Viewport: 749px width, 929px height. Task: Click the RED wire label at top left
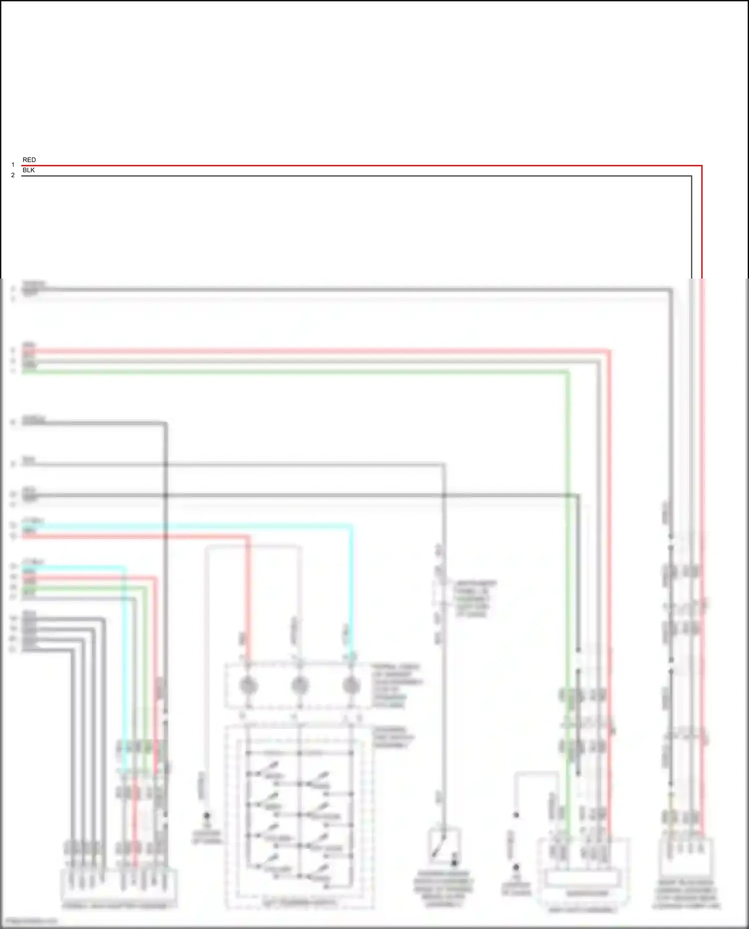click(29, 160)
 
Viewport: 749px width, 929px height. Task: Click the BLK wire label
click(28, 170)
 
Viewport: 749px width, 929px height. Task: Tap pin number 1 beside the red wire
click(13, 165)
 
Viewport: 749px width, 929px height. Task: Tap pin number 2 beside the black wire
click(13, 175)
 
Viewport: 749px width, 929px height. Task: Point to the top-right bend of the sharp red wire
click(702, 166)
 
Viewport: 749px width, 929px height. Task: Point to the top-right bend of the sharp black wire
click(691, 176)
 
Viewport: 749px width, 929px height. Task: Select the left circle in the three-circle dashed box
click(248, 685)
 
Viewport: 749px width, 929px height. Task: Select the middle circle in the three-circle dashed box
click(299, 685)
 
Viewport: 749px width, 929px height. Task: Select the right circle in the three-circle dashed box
click(351, 685)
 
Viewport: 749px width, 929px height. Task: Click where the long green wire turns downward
click(568, 372)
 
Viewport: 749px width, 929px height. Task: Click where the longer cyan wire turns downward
click(351, 526)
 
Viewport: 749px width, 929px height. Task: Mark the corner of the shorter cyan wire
click(124, 568)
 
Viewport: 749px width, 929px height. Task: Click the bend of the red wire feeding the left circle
click(248, 537)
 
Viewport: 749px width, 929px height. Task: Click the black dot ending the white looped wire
click(206, 816)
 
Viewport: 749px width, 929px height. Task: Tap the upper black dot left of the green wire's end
click(516, 815)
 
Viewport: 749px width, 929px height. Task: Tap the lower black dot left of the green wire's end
click(516, 868)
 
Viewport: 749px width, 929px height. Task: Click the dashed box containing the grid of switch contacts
click(299, 818)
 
